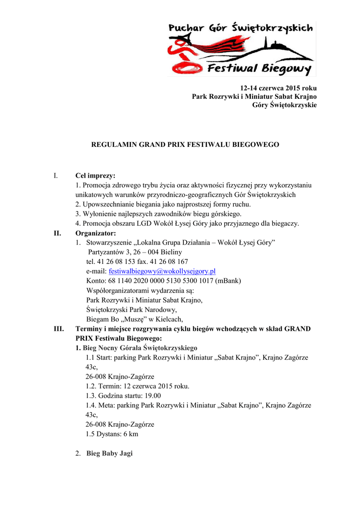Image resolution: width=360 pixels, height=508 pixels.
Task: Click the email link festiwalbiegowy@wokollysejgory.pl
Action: [x=162, y=271]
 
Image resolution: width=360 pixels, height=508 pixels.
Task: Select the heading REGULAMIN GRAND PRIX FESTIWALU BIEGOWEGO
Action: [x=184, y=144]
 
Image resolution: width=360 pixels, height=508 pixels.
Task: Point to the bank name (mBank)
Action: [x=226, y=280]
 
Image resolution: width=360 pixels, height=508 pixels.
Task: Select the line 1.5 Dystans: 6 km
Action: [x=112, y=434]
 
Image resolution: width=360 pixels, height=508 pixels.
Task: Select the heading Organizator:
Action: [x=95, y=233]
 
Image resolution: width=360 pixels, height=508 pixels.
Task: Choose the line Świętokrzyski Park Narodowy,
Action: [x=132, y=309]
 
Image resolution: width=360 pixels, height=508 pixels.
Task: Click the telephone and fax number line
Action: [x=137, y=261]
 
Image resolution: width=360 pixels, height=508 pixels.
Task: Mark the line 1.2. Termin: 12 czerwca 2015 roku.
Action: [x=137, y=386]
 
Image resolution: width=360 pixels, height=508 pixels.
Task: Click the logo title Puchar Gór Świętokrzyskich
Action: [x=241, y=29]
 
